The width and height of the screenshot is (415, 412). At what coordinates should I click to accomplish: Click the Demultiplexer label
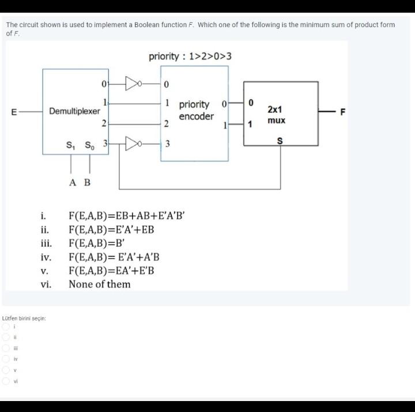[x=74, y=111]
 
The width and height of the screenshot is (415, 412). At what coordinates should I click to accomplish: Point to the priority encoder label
[x=195, y=111]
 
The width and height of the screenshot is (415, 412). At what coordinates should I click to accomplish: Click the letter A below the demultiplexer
[x=72, y=183]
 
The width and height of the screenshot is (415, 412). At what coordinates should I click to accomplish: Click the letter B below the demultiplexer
[x=88, y=183]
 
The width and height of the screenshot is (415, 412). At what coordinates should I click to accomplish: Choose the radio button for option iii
[x=6, y=348]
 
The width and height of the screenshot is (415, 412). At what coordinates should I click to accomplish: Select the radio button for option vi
[x=6, y=381]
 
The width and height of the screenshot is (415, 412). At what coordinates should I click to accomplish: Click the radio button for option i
[x=6, y=327]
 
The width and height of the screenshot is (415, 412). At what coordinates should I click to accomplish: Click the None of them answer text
[x=99, y=284]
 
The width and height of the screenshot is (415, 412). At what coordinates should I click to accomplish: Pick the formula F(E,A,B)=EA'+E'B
[x=111, y=270]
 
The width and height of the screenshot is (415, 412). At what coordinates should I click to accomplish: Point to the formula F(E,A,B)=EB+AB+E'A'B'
[x=126, y=217]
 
